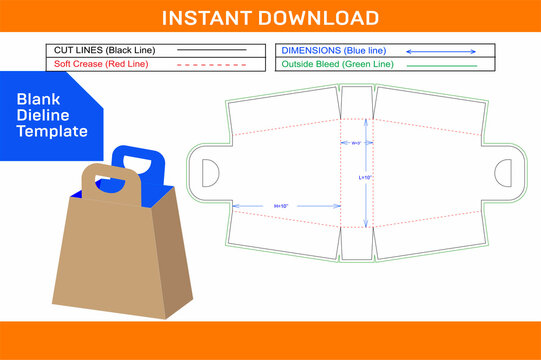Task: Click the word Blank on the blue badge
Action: [37, 98]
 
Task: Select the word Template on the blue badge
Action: [53, 131]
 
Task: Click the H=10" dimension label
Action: [281, 206]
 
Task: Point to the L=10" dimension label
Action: [366, 176]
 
